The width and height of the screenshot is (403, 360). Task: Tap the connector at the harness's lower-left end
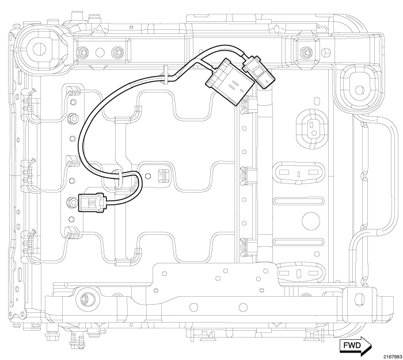(x=92, y=201)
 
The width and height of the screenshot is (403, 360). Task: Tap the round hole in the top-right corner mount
(x=359, y=89)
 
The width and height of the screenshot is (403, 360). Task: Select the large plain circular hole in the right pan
(x=310, y=220)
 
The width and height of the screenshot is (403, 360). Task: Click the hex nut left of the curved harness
(x=73, y=120)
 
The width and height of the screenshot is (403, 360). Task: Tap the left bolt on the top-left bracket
(x=83, y=52)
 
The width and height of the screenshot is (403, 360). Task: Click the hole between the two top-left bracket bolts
(x=100, y=52)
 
